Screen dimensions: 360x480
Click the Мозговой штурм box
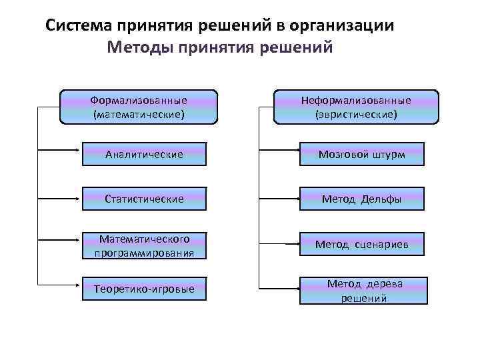tap(361, 154)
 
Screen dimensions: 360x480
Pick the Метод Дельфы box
tap(361, 199)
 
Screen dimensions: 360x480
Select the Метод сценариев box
tap(361, 245)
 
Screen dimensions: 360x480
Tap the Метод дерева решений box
tap(361, 291)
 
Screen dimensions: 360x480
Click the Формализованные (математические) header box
tap(139, 107)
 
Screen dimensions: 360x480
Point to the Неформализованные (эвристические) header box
tap(356, 107)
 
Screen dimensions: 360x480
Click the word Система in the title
tap(78, 26)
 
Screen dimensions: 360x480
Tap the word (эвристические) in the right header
tap(356, 115)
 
